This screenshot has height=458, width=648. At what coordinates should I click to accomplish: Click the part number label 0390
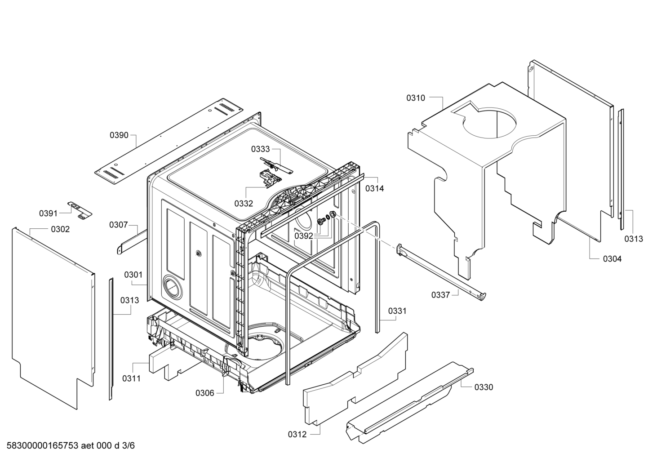point(119,135)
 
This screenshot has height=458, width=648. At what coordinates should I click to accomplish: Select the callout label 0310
point(416,98)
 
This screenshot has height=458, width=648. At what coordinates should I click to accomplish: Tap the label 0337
point(440,295)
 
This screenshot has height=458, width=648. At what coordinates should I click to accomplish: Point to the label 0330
point(484,387)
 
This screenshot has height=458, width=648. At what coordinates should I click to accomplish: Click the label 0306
point(205,393)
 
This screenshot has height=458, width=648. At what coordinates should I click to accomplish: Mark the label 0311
point(131,378)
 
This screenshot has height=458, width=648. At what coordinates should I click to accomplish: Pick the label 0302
point(61,229)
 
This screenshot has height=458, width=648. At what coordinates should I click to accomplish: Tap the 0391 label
point(49,214)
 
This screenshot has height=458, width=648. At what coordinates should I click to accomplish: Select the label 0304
point(612,259)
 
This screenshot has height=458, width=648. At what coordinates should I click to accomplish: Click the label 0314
point(375,189)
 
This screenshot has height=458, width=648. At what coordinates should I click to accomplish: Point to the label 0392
point(304,236)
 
